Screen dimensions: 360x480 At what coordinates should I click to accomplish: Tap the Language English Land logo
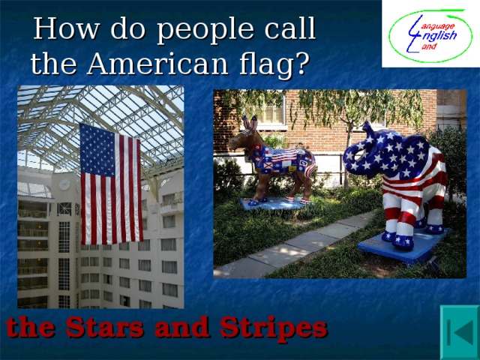pyautogui.click(x=430, y=34)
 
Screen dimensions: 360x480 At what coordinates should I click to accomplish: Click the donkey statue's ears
pyautogui.click(x=250, y=123)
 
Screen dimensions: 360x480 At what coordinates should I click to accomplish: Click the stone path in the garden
pyautogui.click(x=300, y=247)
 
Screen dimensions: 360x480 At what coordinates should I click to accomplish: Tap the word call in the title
pyautogui.click(x=285, y=30)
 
